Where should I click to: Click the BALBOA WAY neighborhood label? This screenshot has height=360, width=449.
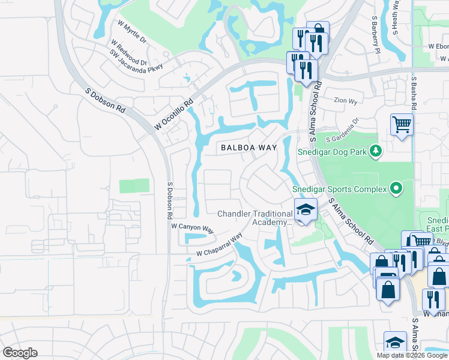click(x=249, y=147)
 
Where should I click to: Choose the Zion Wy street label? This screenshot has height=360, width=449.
click(x=346, y=101)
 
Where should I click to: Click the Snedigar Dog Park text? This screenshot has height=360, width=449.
click(x=333, y=151)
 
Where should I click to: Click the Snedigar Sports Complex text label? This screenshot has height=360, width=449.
click(x=339, y=190)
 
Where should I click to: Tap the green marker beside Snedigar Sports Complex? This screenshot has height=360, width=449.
click(x=396, y=190)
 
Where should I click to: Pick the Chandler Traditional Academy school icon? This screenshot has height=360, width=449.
click(x=306, y=210)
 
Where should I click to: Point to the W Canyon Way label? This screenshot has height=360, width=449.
click(x=192, y=228)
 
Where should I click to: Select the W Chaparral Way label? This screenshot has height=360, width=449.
click(x=219, y=245)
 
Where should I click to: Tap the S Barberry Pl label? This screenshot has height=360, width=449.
click(x=376, y=35)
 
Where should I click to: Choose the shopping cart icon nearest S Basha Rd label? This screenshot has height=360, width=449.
click(x=402, y=125)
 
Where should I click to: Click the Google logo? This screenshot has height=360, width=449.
click(x=20, y=353)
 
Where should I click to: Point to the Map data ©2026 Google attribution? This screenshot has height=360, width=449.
click(x=412, y=355)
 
